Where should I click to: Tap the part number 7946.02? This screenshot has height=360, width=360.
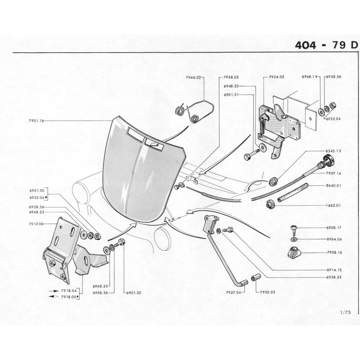194,77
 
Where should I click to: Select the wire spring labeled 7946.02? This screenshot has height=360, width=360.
194,111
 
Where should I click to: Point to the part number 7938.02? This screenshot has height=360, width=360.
231,77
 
